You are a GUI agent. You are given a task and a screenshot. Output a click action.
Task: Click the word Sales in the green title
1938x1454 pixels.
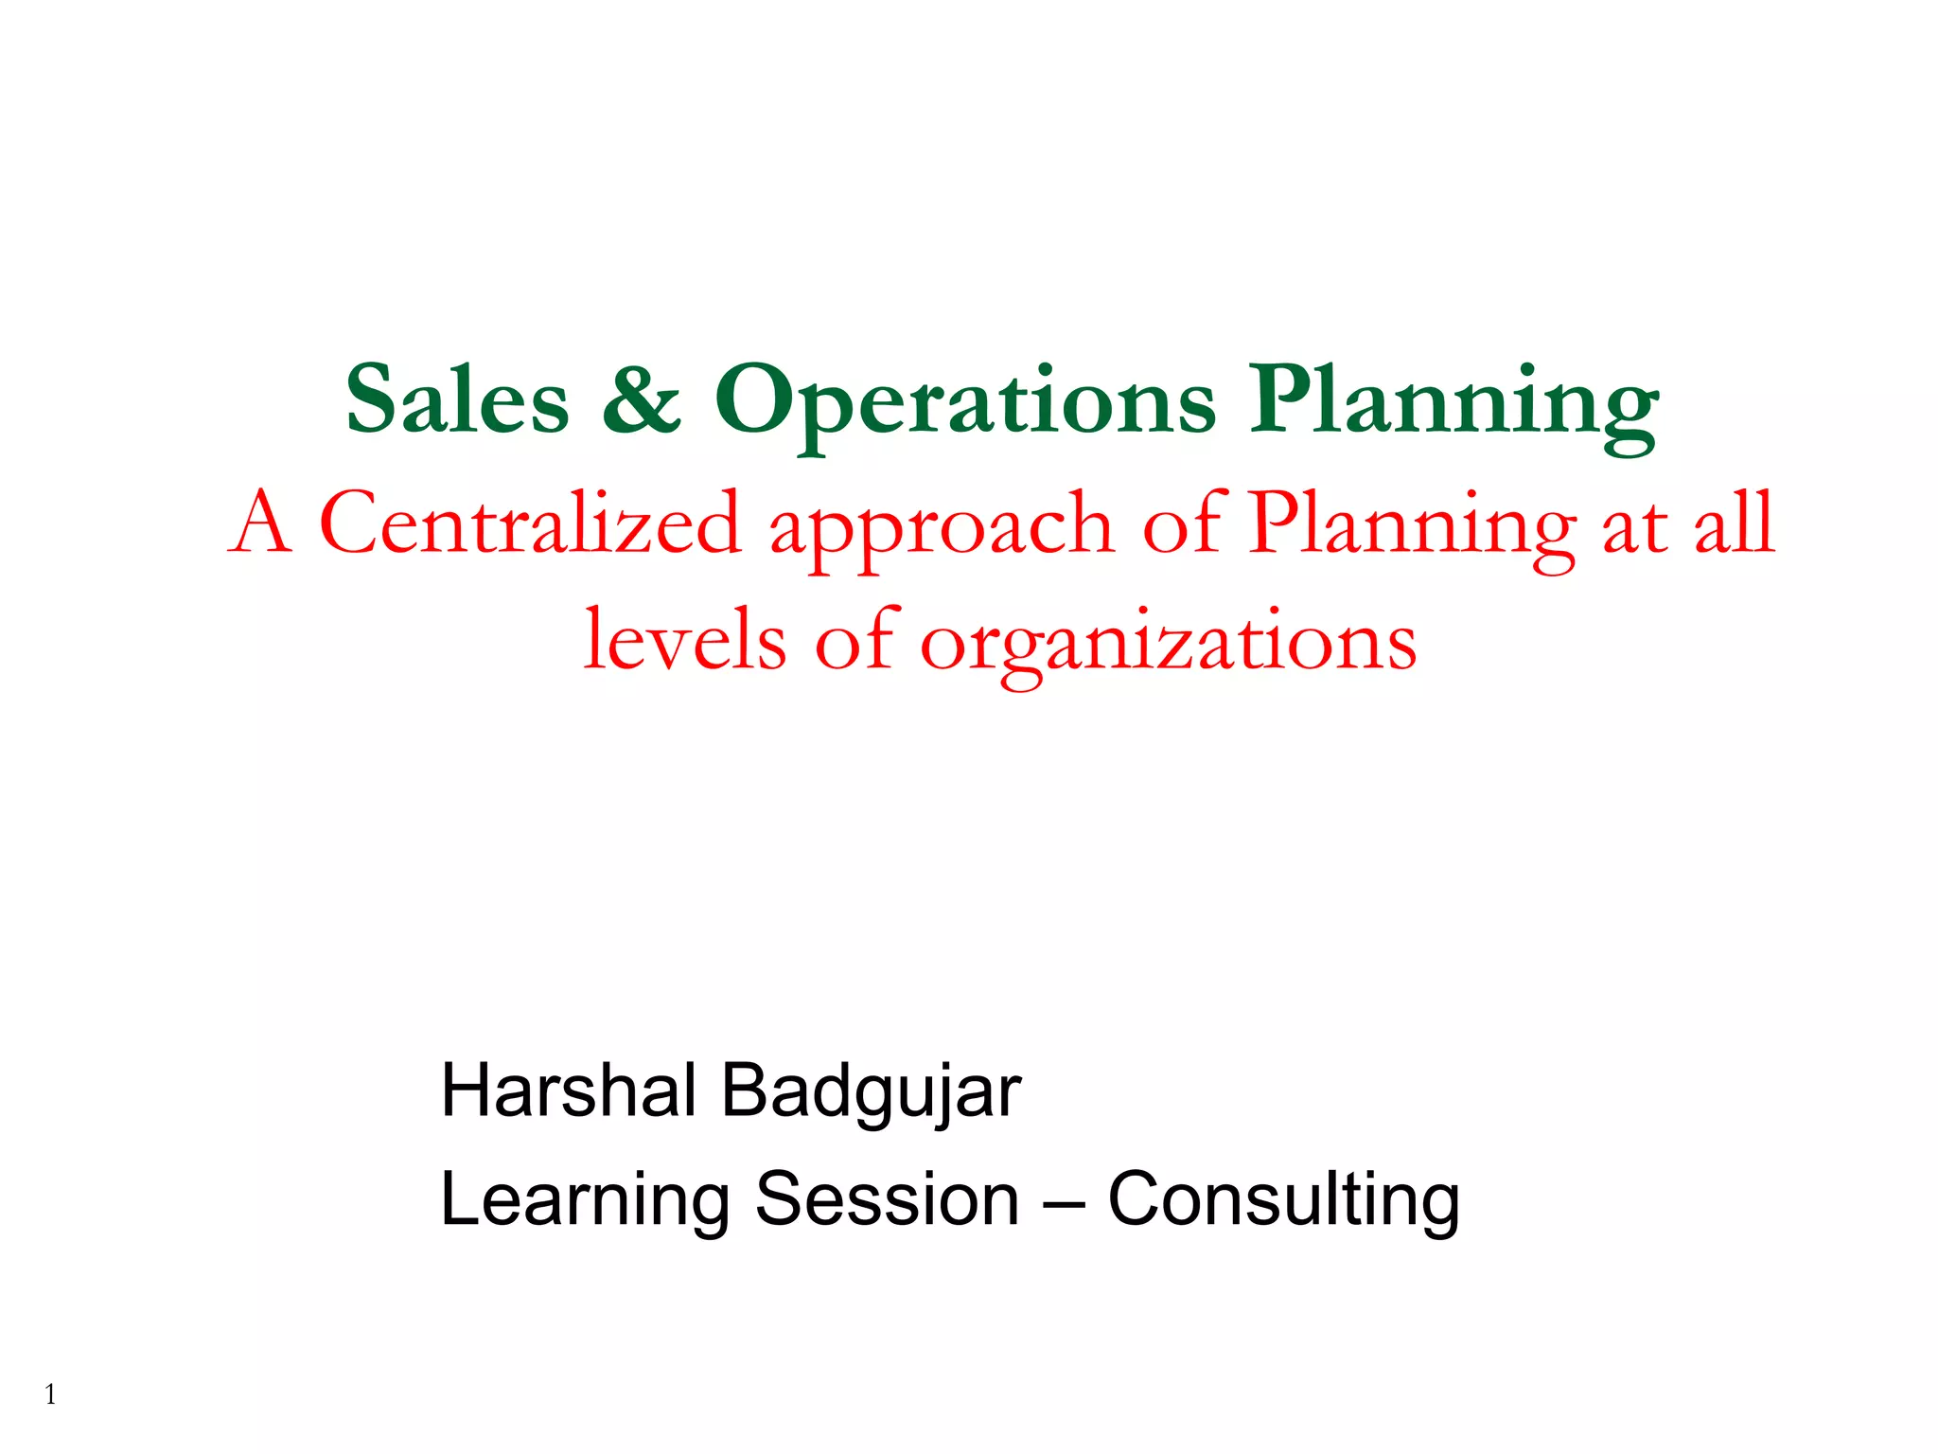(457, 400)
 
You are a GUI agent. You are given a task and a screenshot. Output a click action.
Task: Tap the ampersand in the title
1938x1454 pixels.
(642, 400)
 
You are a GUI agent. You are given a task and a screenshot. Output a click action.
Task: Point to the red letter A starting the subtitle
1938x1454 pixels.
(258, 523)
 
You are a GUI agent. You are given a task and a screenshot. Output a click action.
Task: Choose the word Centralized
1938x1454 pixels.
(530, 523)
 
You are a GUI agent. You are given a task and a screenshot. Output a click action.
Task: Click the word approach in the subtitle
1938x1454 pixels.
(942, 530)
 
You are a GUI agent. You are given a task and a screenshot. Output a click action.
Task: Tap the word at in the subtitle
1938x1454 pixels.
(1634, 526)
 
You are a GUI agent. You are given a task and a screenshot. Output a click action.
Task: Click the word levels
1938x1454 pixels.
(684, 640)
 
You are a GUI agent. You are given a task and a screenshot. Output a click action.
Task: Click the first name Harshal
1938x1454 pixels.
(569, 1090)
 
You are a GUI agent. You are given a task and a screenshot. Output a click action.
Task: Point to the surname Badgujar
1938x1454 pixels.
(872, 1094)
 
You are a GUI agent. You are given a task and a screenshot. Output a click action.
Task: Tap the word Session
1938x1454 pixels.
(887, 1199)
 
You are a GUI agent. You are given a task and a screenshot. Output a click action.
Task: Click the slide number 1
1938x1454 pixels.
(50, 1394)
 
